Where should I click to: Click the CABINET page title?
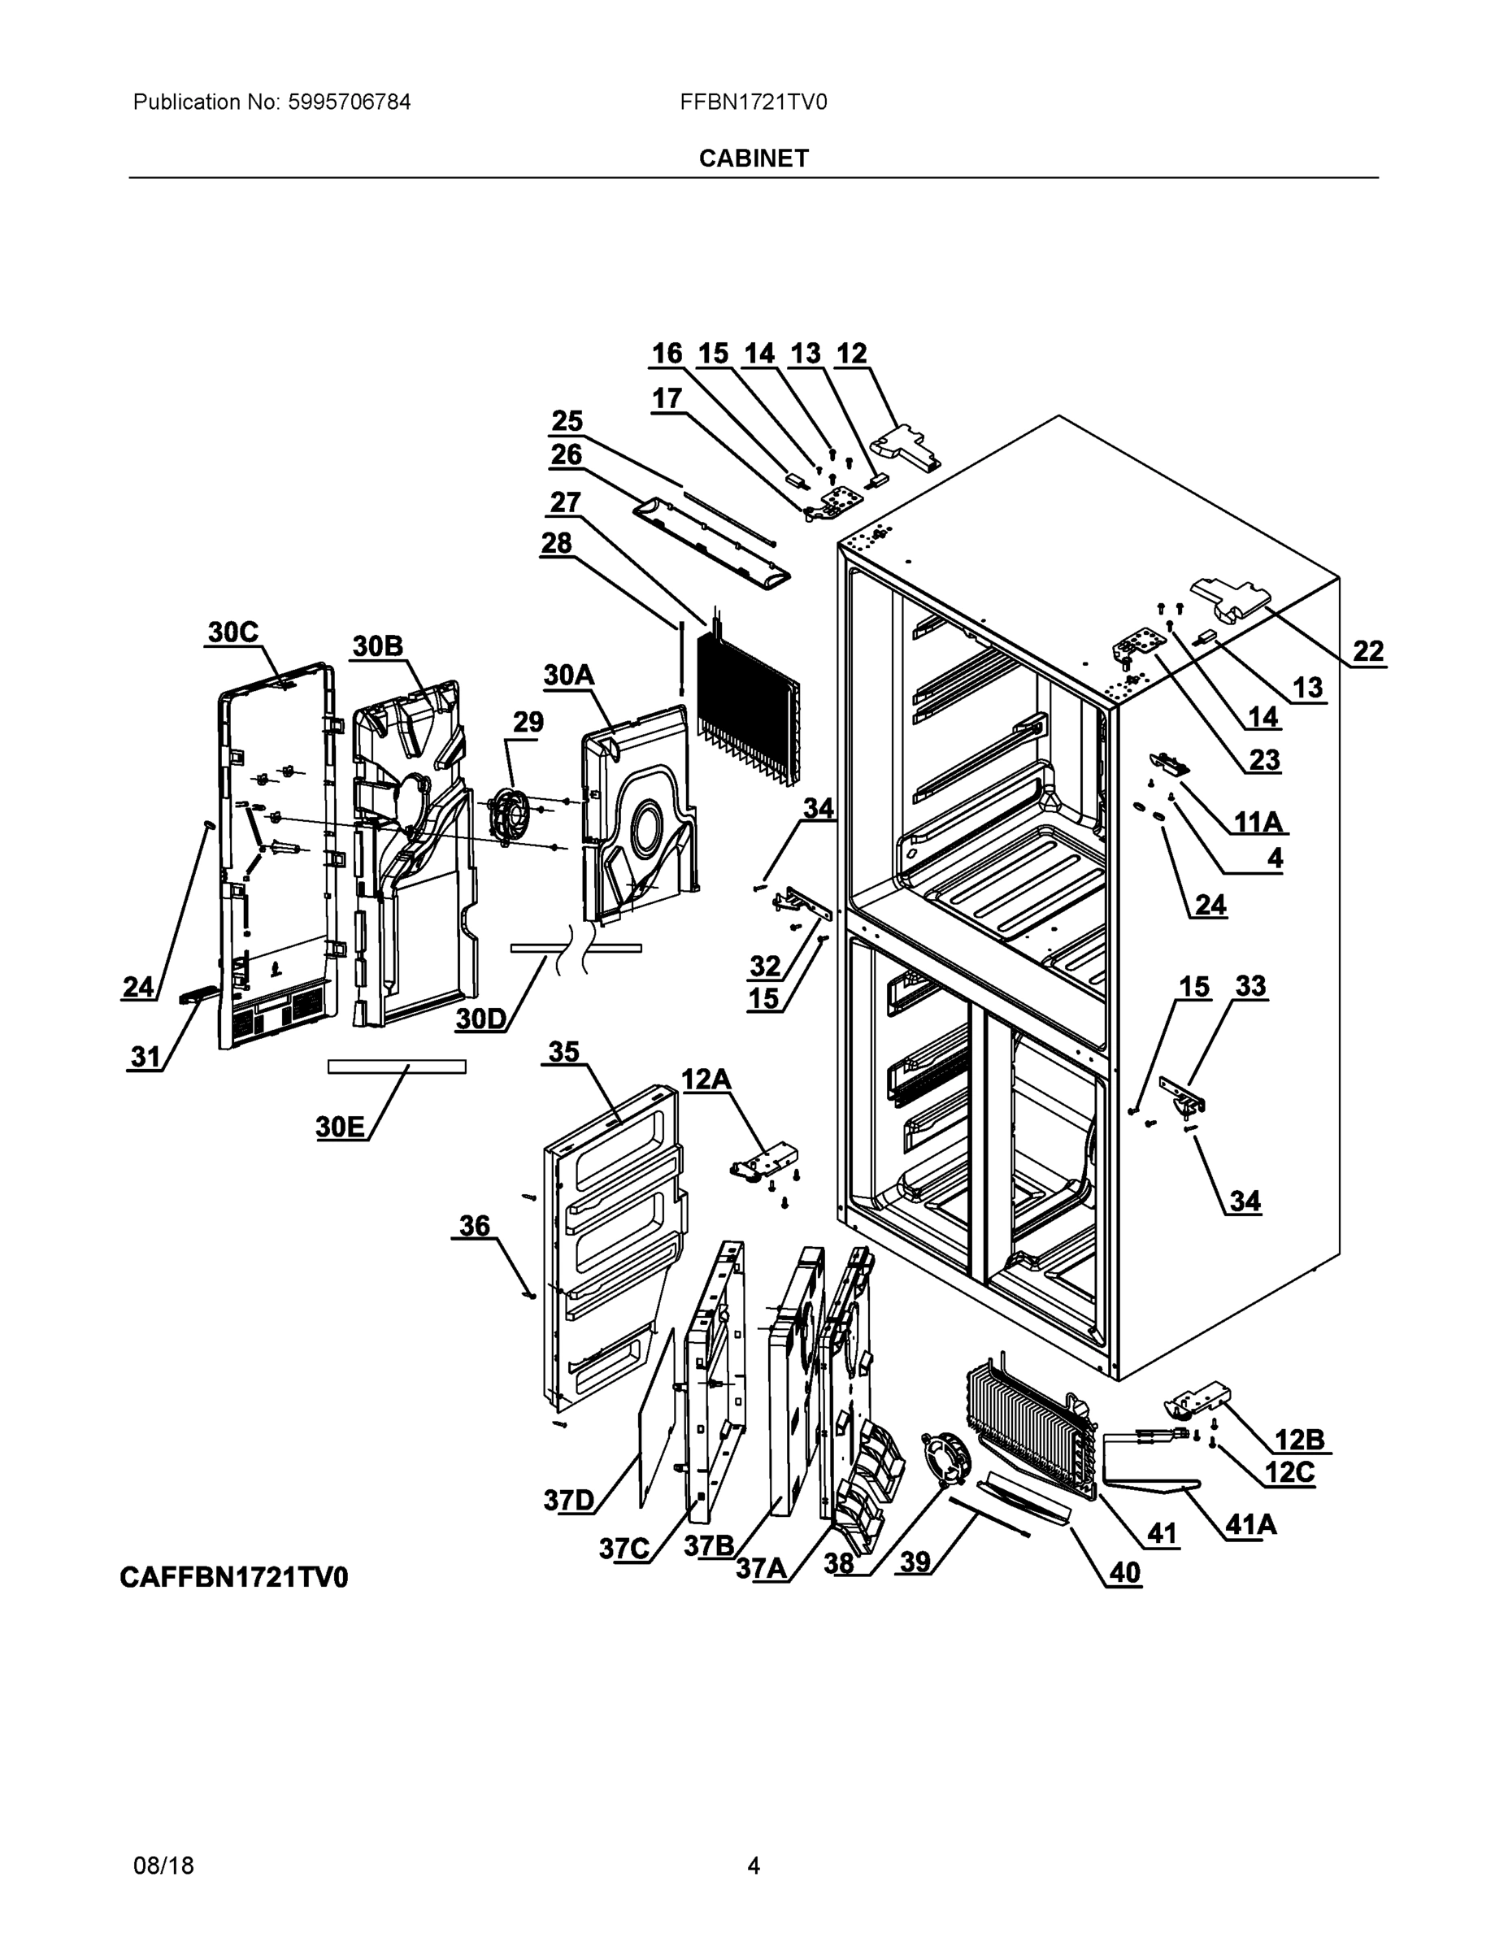coord(753,159)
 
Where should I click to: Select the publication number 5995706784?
coord(349,102)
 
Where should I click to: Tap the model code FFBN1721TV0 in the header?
coord(753,102)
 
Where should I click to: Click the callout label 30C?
coord(233,632)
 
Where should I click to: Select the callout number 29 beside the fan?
coord(527,722)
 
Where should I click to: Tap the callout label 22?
coord(1367,651)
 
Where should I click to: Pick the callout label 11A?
coord(1257,821)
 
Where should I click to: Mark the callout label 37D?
coord(568,1500)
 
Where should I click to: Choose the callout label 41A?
coord(1249,1524)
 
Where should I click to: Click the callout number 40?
coord(1123,1571)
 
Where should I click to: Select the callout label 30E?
coord(341,1127)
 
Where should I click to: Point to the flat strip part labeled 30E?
coord(397,1067)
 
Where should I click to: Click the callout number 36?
coord(475,1225)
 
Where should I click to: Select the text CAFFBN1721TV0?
coord(234,1578)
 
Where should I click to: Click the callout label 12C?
coord(1289,1471)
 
